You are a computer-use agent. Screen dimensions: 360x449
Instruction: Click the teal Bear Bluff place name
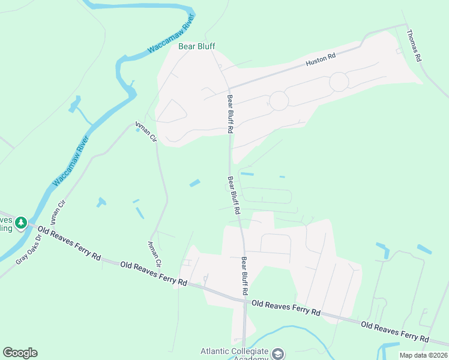[197, 46]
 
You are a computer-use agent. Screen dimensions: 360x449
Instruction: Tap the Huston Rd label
[320, 59]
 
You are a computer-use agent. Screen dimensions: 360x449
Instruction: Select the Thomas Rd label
[415, 46]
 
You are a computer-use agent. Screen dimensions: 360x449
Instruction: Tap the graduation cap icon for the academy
[278, 353]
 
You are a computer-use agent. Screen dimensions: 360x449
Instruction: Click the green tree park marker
[21, 223]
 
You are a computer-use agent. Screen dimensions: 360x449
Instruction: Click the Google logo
[20, 353]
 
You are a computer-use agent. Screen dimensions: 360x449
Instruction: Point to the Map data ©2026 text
[423, 355]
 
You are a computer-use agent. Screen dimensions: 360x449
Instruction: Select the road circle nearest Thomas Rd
[339, 82]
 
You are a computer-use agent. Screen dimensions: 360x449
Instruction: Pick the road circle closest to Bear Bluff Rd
[279, 101]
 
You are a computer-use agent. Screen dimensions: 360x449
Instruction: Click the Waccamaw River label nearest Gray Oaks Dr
[71, 160]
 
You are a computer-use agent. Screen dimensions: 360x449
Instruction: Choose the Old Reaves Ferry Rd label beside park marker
[69, 242]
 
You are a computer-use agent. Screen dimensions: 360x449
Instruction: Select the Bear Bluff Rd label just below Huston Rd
[229, 113]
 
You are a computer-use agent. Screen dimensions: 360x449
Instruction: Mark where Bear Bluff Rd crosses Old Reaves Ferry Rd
[244, 301]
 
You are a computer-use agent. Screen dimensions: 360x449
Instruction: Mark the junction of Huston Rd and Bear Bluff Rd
[227, 87]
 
